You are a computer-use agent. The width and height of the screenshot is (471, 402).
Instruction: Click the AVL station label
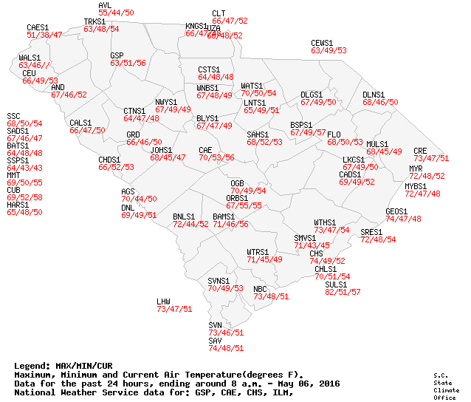(105, 5)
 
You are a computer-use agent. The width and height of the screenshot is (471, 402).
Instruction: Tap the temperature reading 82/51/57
(343, 292)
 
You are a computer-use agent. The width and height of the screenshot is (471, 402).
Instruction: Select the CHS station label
(316, 253)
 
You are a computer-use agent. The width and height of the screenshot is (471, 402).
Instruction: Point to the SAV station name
(215, 341)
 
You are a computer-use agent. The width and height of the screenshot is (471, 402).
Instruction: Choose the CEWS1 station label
(323, 43)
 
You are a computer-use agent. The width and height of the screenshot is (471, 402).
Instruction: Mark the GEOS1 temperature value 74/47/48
(403, 219)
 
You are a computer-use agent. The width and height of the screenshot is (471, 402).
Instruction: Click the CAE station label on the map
(205, 150)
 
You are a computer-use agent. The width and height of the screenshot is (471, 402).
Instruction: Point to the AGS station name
(128, 191)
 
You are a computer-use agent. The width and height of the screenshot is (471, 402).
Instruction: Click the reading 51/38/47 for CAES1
(44, 35)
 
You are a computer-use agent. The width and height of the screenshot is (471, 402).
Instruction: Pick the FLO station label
(334, 134)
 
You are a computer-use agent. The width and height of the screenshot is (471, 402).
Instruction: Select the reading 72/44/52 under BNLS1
(190, 224)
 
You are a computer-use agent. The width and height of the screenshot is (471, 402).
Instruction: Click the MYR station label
(416, 168)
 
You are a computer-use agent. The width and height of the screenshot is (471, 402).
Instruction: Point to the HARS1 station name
(18, 205)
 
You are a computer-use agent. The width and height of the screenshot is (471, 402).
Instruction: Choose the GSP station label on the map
(117, 55)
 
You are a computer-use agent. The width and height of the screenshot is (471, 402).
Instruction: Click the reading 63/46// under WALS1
(34, 65)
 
